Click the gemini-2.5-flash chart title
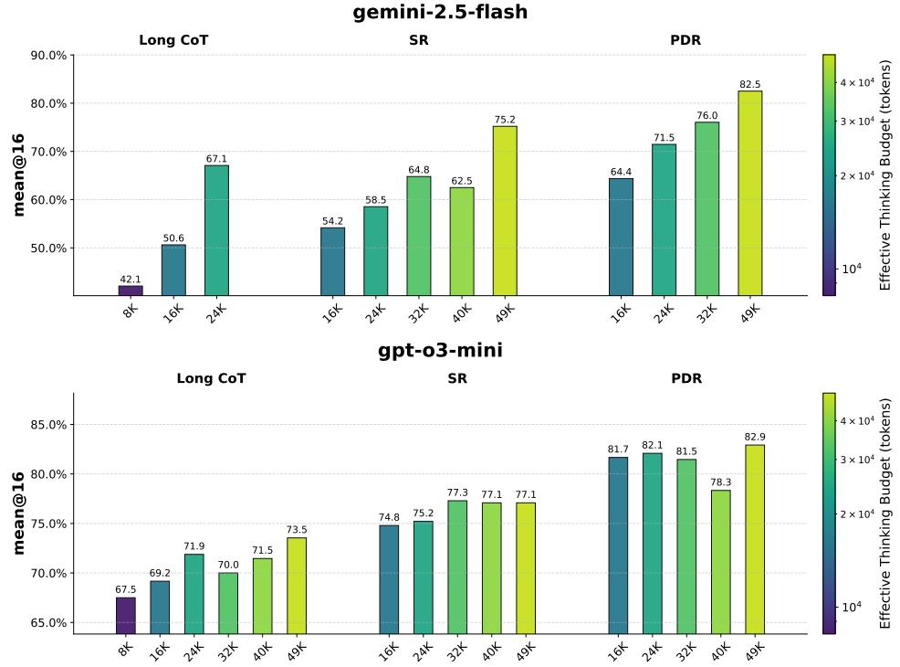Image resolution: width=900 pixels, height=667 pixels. (440, 13)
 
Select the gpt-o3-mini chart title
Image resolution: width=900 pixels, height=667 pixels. (440, 351)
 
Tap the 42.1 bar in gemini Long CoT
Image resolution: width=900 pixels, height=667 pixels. (131, 291)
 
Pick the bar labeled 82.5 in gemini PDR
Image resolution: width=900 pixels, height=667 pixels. (749, 193)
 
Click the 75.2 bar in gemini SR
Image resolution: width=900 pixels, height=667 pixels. (505, 211)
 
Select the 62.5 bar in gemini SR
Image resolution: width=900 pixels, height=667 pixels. (462, 241)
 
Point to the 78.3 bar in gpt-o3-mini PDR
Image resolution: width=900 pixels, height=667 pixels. (721, 562)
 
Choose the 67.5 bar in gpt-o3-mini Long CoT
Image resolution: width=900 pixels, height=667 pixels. (126, 615)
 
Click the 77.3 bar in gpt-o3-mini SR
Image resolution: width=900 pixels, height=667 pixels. (457, 566)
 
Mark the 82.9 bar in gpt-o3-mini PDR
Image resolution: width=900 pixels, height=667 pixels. (755, 539)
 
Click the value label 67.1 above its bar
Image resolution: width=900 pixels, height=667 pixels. (216, 159)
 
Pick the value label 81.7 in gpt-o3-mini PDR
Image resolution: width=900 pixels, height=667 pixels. (618, 450)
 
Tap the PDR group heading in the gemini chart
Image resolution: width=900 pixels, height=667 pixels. (685, 40)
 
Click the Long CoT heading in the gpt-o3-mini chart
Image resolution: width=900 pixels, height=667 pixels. (211, 378)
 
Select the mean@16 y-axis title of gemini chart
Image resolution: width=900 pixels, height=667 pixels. (19, 175)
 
